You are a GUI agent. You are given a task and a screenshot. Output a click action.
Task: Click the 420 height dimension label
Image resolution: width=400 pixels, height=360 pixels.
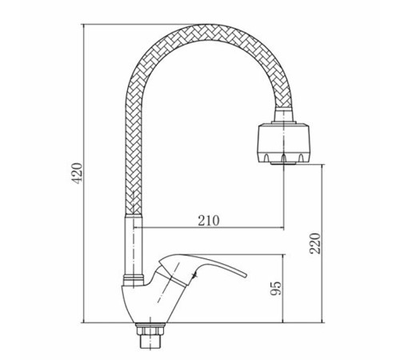78,173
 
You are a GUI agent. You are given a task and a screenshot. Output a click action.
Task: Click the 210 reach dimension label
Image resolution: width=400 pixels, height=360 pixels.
209,220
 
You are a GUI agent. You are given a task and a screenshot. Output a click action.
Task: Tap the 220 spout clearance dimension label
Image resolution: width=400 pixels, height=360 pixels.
315,243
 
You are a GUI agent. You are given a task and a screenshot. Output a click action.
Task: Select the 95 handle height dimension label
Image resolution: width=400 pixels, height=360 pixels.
276,288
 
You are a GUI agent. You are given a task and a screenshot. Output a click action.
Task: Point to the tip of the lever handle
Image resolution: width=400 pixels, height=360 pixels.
246,276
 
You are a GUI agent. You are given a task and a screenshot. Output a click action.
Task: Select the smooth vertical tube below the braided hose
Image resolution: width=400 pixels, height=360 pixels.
134,245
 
